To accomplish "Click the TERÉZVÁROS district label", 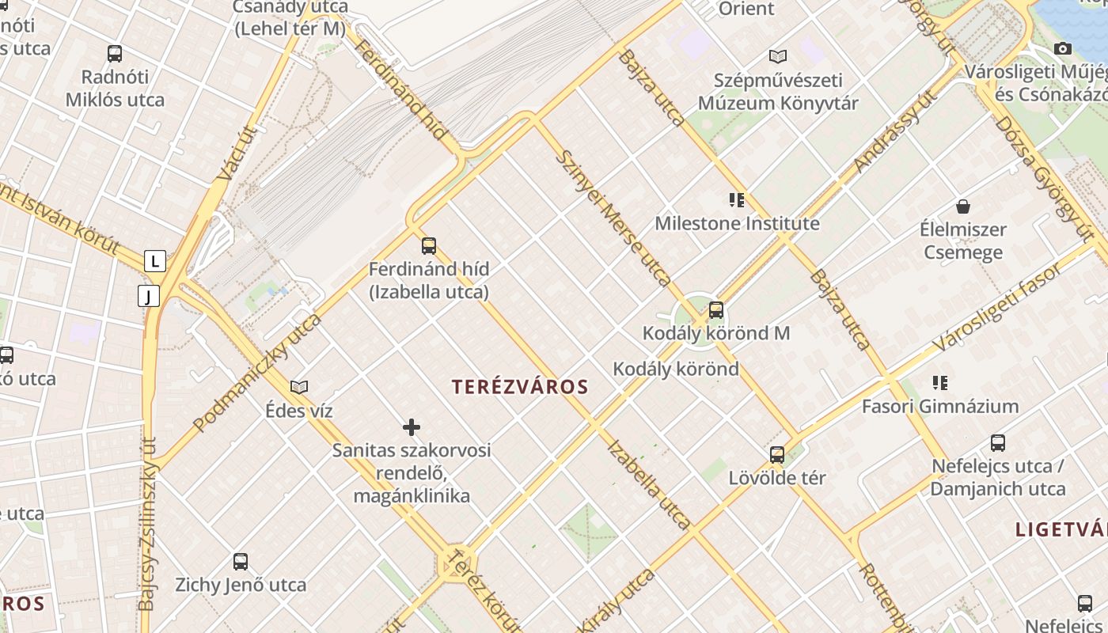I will point(520,387).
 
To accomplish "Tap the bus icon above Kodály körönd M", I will point(716,309).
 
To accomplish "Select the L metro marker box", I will point(155,260).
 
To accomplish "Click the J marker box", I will point(149,296).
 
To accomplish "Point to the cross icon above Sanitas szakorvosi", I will point(412,427).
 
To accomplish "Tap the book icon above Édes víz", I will point(299,387).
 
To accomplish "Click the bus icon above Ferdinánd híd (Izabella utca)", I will point(429,245).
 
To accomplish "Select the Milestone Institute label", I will point(737,224).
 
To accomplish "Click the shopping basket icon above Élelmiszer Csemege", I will point(963,207).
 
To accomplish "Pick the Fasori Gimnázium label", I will point(940,407).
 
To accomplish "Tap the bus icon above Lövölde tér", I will point(777,454).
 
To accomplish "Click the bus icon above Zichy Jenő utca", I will point(241,562).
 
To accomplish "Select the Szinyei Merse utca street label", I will point(613,218).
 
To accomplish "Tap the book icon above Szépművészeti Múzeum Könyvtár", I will point(778,56).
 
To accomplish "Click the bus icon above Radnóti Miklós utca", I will point(115,54).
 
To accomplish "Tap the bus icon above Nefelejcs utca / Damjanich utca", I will point(998,443).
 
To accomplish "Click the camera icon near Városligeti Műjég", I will point(1063,49).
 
